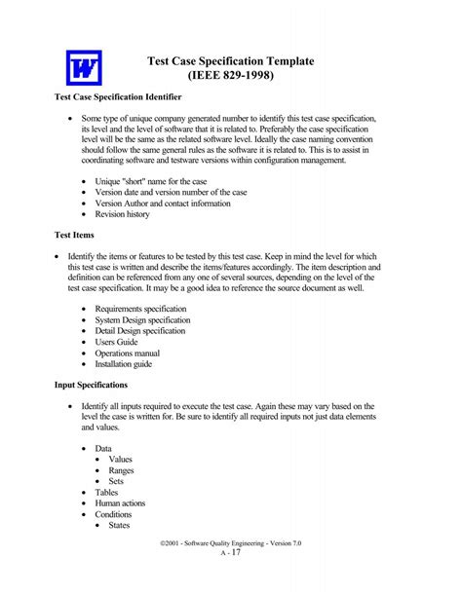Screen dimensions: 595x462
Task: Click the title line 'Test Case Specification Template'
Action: click(230, 60)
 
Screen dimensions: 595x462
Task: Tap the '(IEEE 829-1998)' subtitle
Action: click(231, 76)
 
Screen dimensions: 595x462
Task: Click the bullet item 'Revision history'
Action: click(122, 214)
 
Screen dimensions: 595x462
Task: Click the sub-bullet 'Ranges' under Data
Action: click(122, 469)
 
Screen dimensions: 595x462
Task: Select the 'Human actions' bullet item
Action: click(127, 502)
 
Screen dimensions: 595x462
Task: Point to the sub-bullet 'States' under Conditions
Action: click(120, 525)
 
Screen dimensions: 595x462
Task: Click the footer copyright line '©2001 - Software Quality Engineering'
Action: click(220, 543)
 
